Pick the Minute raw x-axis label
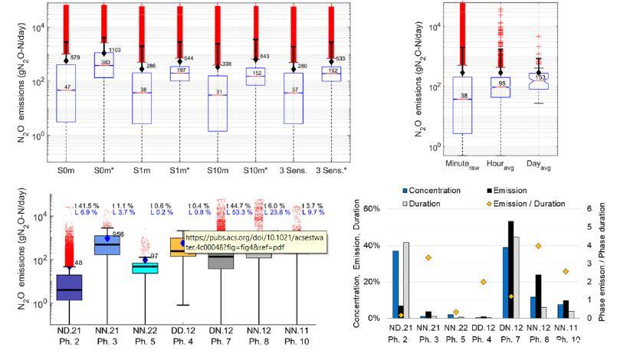tap(461, 165)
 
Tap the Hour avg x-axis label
tap(503, 165)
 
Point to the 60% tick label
tap(372, 208)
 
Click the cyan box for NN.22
tap(146, 267)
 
